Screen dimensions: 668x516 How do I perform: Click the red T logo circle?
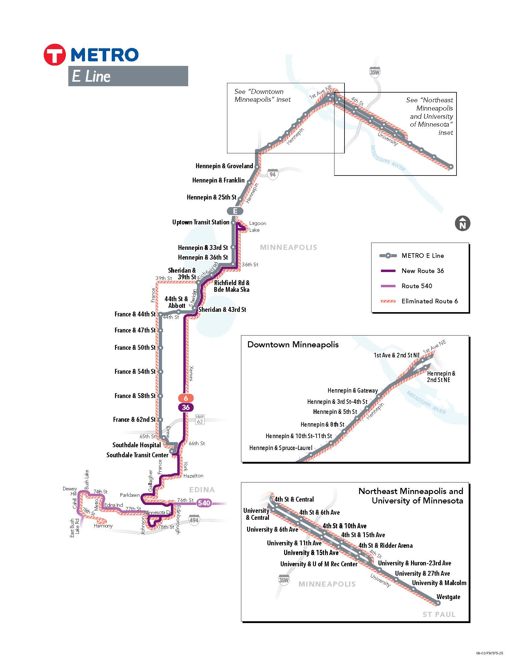tap(54, 55)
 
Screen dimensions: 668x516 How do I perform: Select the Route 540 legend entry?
tap(416, 286)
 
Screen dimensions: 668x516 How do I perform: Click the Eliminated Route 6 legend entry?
tap(429, 301)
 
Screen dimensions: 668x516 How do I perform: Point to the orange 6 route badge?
tap(185, 398)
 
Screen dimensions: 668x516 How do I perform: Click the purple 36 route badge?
tap(185, 407)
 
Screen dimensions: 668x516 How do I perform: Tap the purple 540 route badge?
tap(204, 503)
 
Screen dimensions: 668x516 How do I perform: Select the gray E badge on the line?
tap(235, 211)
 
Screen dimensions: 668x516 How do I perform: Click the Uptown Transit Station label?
tap(201, 222)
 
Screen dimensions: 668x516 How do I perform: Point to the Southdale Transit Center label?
tap(137, 455)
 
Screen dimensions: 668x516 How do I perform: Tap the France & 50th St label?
tap(135, 347)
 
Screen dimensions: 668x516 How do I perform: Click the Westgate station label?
tap(448, 597)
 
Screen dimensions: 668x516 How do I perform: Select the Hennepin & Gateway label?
tap(352, 390)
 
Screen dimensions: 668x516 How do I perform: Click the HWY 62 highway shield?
tap(200, 419)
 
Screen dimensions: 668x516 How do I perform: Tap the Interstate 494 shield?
tap(194, 520)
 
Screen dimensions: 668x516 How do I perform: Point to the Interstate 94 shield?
tap(272, 174)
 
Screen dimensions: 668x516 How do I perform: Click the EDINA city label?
tap(202, 490)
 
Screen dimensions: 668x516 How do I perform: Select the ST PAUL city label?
tap(439, 615)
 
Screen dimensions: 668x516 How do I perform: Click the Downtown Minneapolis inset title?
tap(293, 345)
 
